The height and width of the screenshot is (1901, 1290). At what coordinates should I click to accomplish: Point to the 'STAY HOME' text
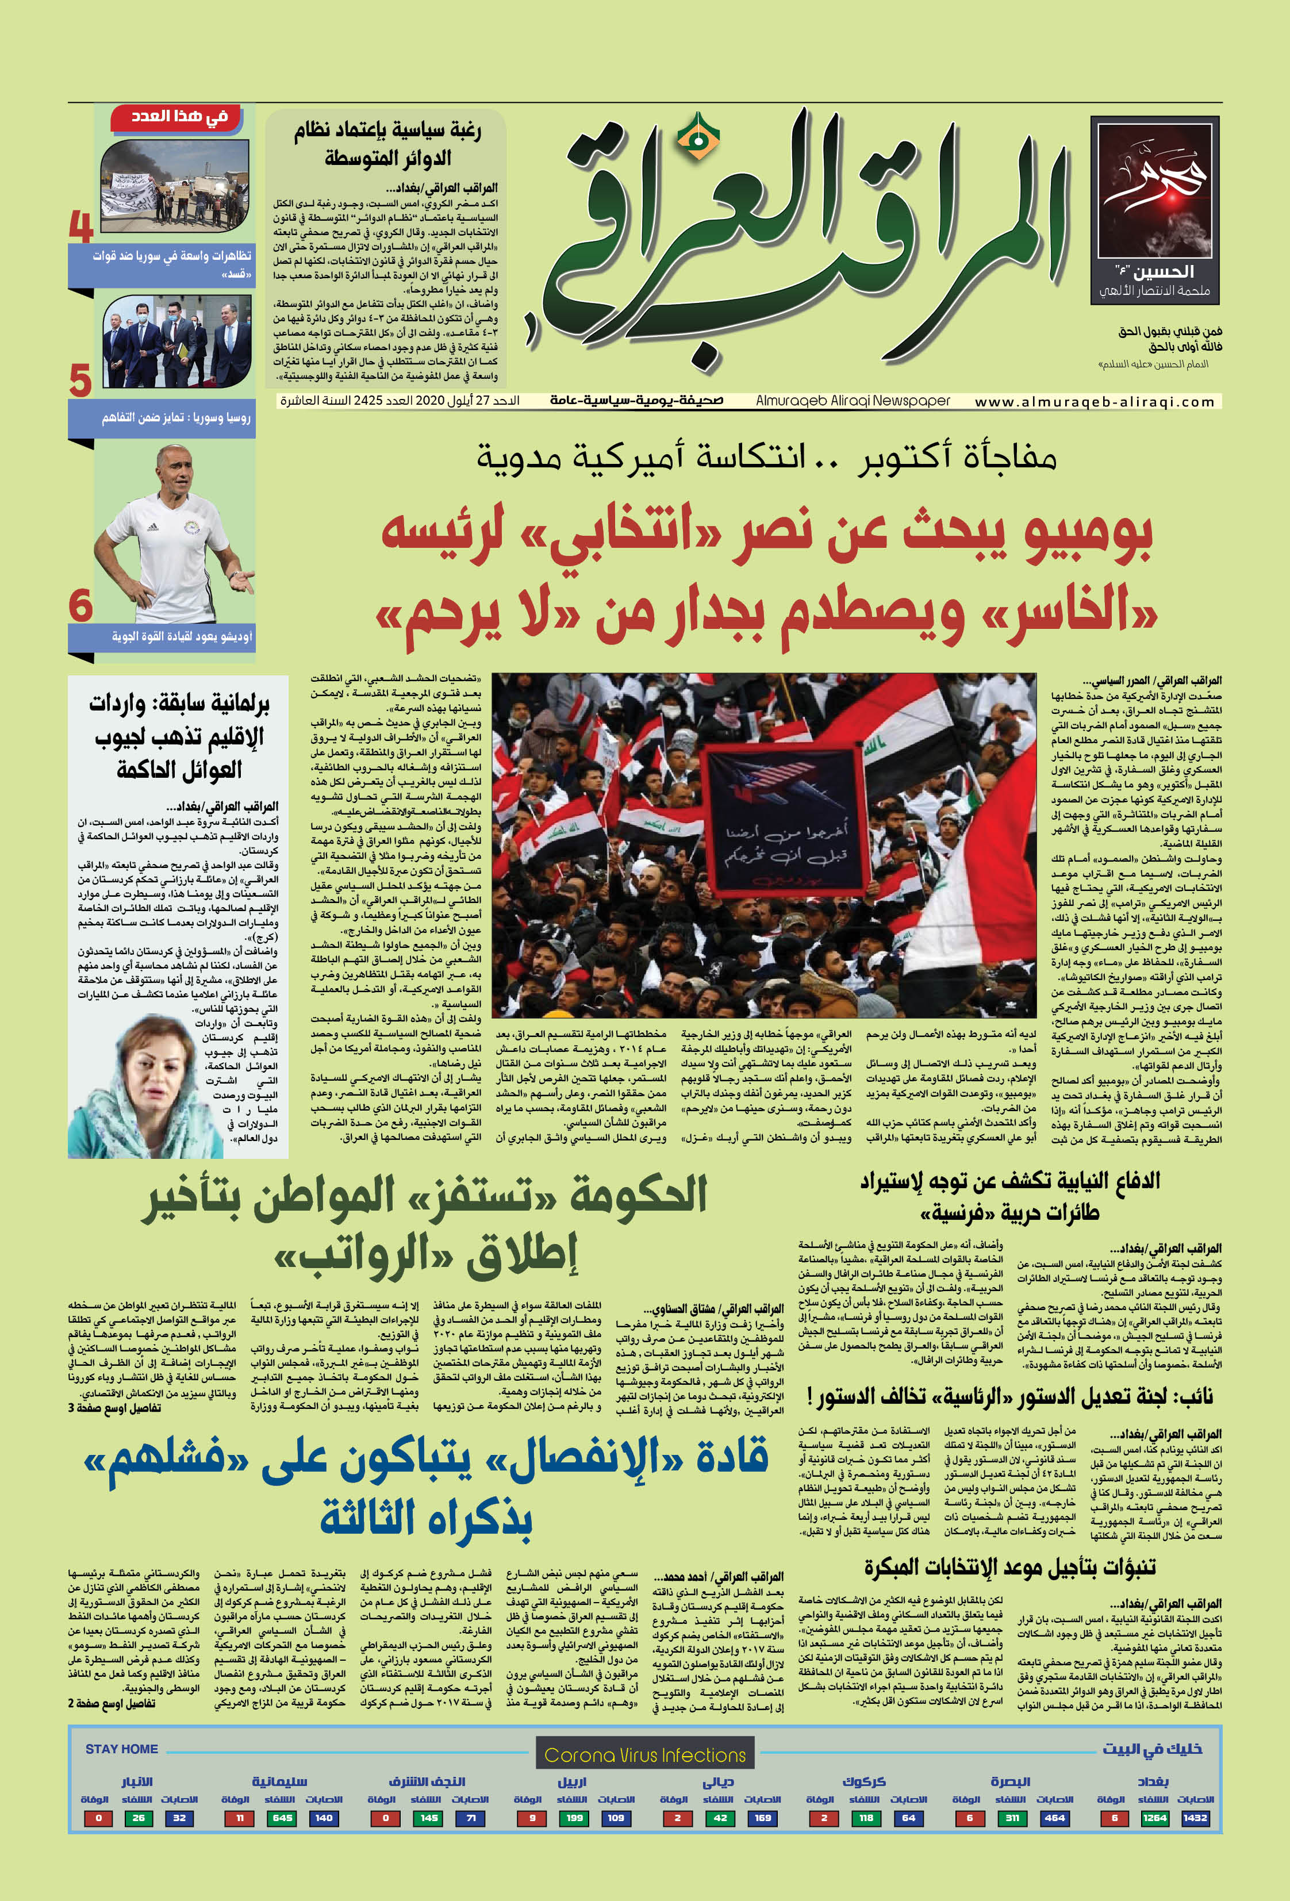pyautogui.click(x=122, y=1749)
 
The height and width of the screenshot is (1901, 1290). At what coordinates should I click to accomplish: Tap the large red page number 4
pyautogui.click(x=81, y=226)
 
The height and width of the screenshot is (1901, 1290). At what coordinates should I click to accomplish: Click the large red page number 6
pyautogui.click(x=81, y=606)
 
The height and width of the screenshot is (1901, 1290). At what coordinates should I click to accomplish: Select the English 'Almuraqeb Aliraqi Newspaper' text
pyautogui.click(x=853, y=401)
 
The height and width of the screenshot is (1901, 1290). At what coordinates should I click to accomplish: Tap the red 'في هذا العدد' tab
pyautogui.click(x=180, y=117)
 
